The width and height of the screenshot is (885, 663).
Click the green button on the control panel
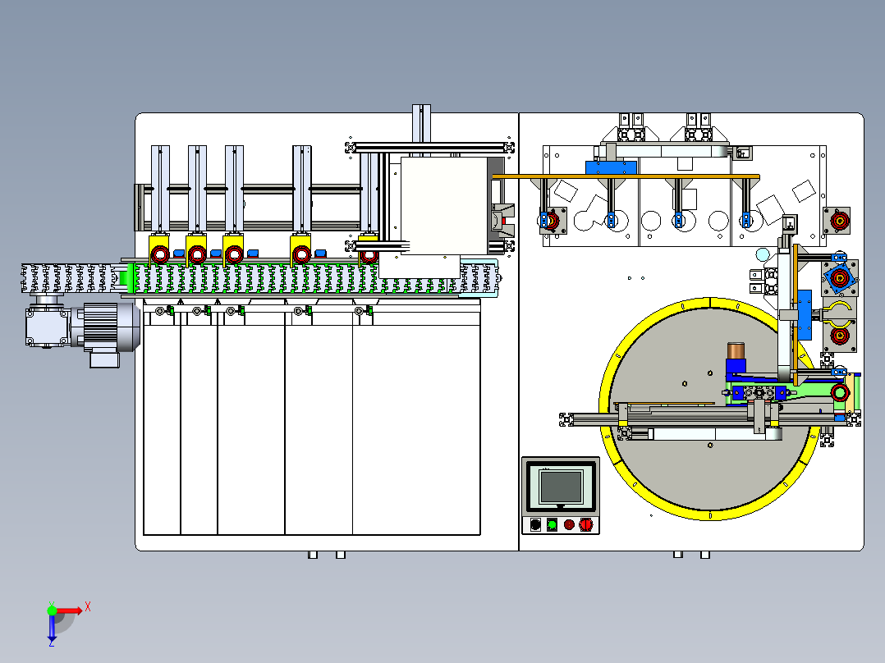tap(552, 525)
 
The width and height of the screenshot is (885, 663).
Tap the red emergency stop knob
tap(586, 525)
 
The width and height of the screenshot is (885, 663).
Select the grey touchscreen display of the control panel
tap(561, 487)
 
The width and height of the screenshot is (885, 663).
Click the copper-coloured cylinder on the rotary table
tap(736, 350)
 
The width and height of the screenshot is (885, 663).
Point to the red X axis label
tap(88, 607)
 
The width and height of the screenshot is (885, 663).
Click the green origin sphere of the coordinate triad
tap(52, 610)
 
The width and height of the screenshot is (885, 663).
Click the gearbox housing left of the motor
tap(48, 326)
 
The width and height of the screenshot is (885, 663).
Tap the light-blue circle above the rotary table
tap(763, 254)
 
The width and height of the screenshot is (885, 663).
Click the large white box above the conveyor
tap(443, 206)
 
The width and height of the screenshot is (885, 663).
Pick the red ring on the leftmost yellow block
tap(160, 255)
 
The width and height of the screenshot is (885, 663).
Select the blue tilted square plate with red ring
tap(839, 277)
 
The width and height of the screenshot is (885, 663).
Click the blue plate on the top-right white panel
tap(612, 167)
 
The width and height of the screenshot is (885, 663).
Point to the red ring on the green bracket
tap(839, 392)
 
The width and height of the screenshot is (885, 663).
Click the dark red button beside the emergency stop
tap(569, 525)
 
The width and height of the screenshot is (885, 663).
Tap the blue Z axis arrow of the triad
tap(52, 628)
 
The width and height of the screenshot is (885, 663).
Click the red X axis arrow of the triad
tap(69, 610)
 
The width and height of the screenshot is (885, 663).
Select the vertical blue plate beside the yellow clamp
tap(805, 315)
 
